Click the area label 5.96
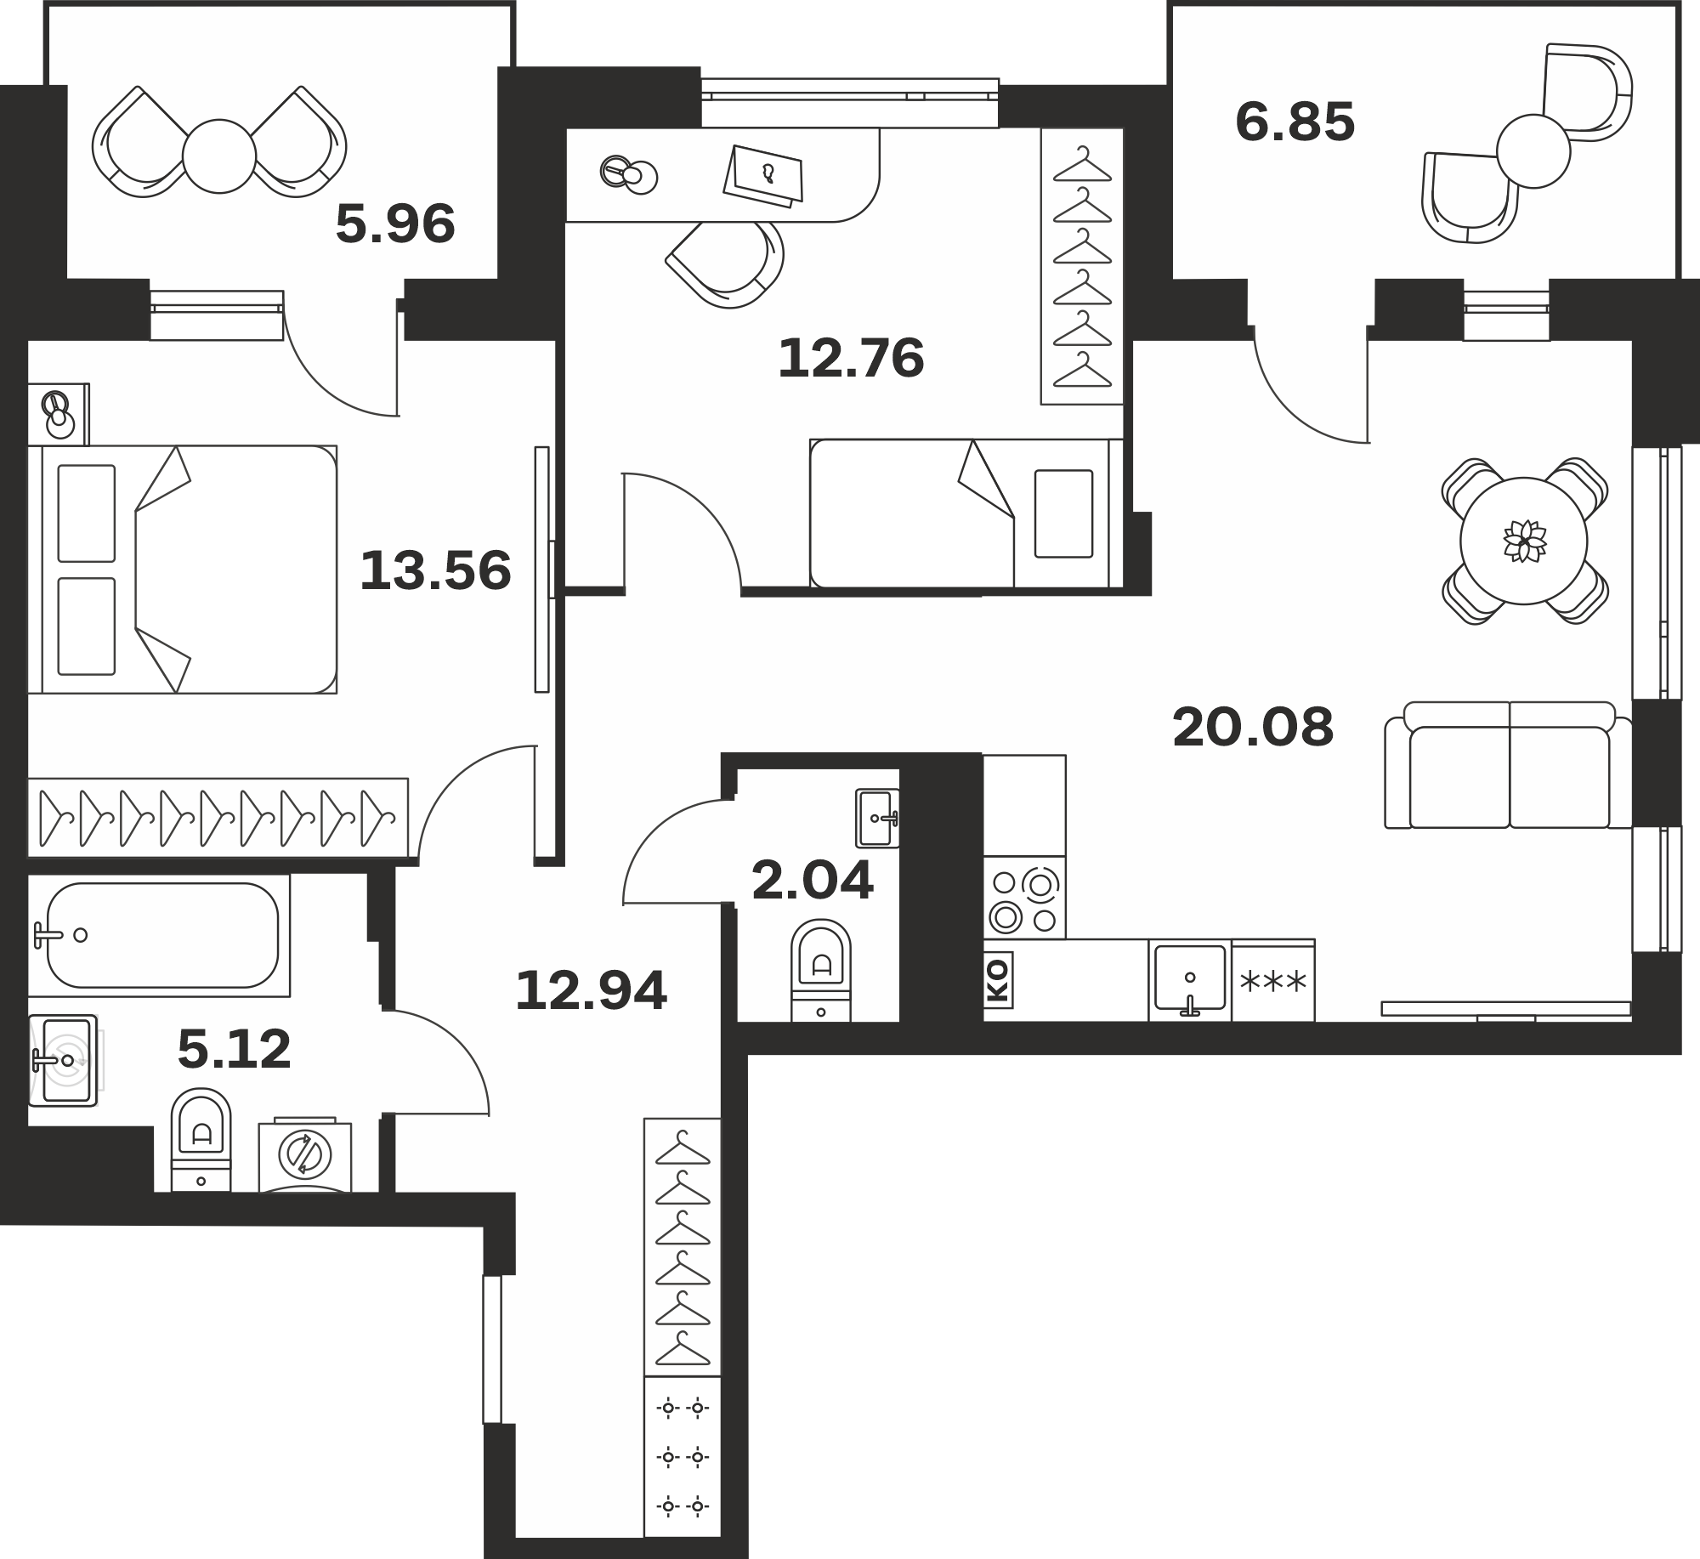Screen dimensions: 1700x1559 (x=395, y=225)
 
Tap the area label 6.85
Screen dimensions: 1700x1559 (x=1295, y=122)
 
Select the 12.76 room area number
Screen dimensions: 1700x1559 (x=851, y=359)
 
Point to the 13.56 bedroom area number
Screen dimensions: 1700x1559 (x=435, y=570)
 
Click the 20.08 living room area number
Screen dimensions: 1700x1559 (x=1253, y=728)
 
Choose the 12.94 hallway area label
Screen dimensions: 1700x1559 (x=592, y=991)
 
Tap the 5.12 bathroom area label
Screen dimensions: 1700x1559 (x=235, y=1050)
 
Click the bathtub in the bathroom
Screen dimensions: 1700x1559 (x=160, y=935)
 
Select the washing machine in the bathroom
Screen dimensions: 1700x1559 (x=305, y=1154)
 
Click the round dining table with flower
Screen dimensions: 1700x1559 (x=1524, y=541)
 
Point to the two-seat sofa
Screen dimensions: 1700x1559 (x=1509, y=765)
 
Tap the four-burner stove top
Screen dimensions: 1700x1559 (x=1024, y=898)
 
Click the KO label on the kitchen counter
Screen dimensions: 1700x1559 (x=998, y=979)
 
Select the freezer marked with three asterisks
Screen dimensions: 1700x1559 (x=1273, y=981)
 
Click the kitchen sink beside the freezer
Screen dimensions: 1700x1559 (x=1190, y=980)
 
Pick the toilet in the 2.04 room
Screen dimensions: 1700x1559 (x=821, y=970)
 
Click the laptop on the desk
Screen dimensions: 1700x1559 (x=763, y=176)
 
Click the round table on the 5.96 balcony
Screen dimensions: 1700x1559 (x=219, y=156)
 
